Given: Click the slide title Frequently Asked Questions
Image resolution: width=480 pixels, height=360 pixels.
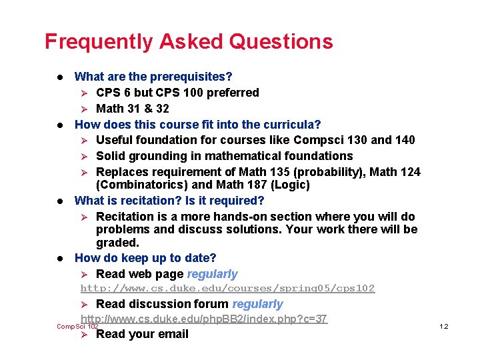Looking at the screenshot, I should pyautogui.click(x=189, y=42).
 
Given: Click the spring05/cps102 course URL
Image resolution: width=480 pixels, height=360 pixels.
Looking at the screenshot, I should pyautogui.click(x=227, y=289).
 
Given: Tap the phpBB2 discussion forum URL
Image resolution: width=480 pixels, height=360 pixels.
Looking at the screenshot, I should pyautogui.click(x=204, y=319).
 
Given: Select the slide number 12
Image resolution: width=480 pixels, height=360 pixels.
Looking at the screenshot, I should pyautogui.click(x=443, y=326).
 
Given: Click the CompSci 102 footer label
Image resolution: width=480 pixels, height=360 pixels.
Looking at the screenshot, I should pyautogui.click(x=77, y=326).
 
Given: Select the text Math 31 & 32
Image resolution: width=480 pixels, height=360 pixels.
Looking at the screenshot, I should pyautogui.click(x=133, y=109).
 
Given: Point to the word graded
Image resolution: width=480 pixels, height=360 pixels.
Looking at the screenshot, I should pyautogui.click(x=117, y=243).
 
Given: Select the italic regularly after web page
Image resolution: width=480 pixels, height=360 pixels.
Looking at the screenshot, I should pyautogui.click(x=213, y=274).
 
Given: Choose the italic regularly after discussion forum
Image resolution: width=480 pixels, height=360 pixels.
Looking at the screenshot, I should pyautogui.click(x=258, y=304).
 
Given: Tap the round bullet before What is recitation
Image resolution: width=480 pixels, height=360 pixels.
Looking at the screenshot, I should pyautogui.click(x=60, y=201).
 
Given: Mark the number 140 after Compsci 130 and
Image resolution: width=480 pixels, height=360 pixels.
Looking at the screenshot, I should pyautogui.click(x=405, y=140).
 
